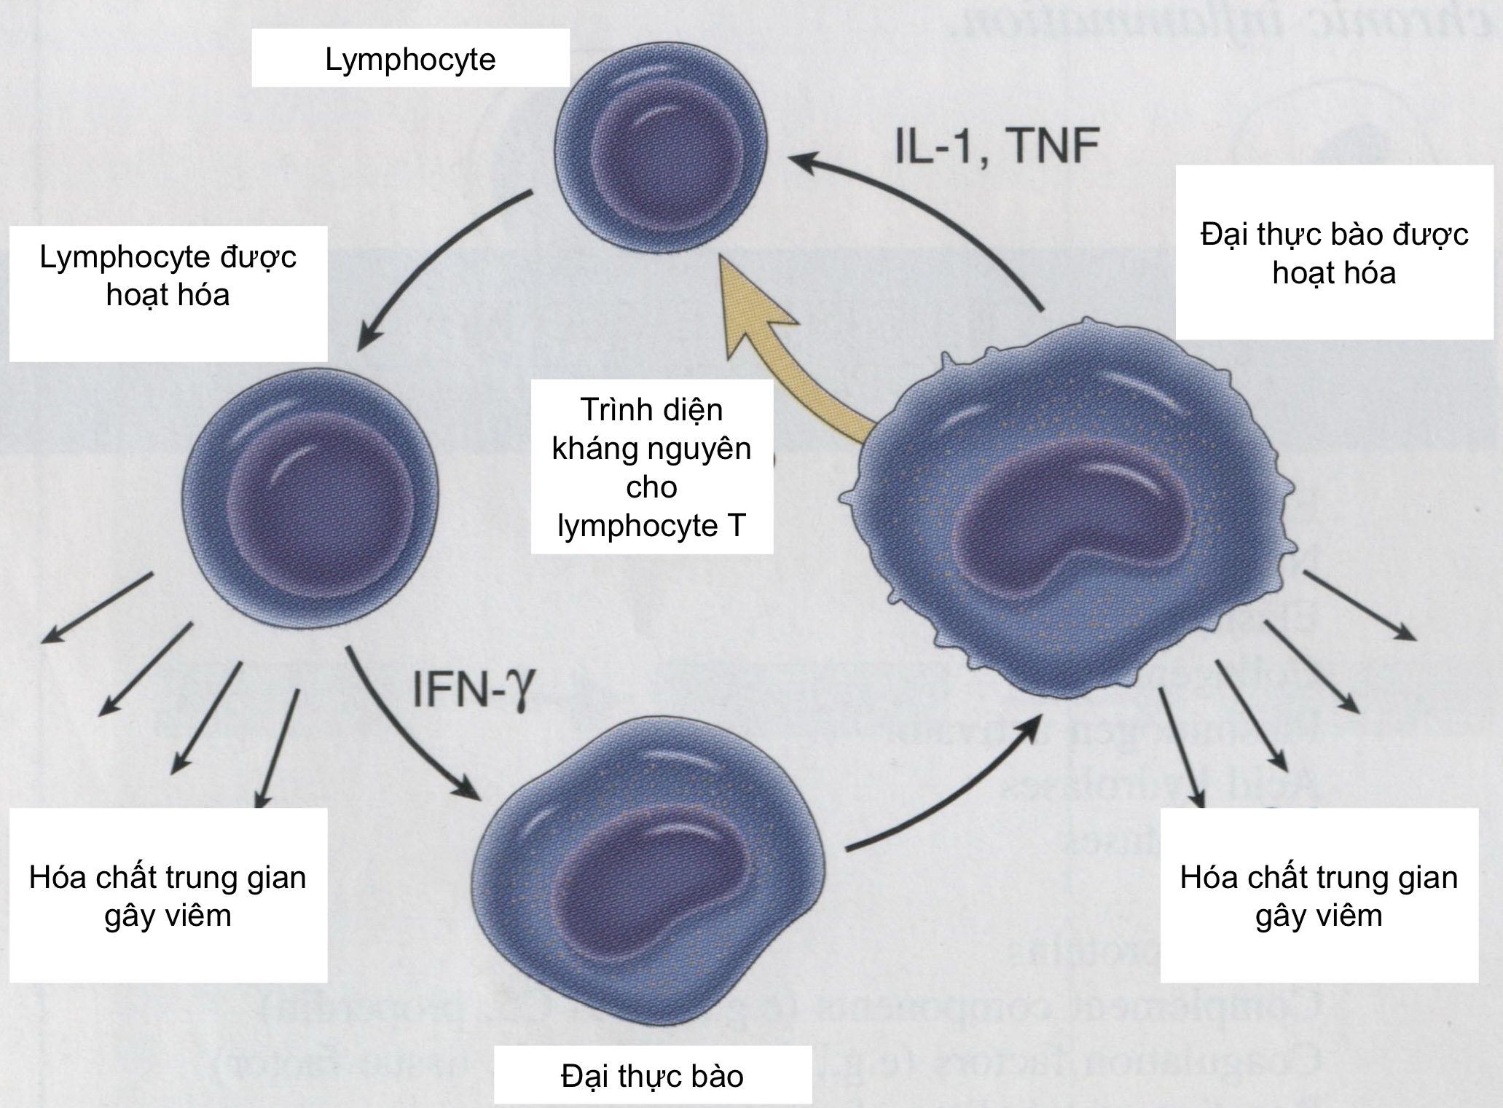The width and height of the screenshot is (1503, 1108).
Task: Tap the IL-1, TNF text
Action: pyautogui.click(x=996, y=146)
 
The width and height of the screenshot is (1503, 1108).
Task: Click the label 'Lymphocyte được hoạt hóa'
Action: pyautogui.click(x=168, y=276)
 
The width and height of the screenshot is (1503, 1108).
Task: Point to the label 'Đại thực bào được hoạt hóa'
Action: pyautogui.click(x=1334, y=254)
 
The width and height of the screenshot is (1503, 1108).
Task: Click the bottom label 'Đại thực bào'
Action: pyautogui.click(x=652, y=1076)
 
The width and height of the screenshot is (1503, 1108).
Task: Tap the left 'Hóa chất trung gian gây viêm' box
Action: pyautogui.click(x=168, y=895)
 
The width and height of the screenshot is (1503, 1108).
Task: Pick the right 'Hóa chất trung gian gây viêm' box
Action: pyautogui.click(x=1319, y=895)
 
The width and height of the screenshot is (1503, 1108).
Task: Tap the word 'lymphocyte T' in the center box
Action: pyautogui.click(x=651, y=525)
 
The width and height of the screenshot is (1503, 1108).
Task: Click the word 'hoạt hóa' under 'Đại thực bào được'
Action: pyautogui.click(x=1334, y=273)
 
